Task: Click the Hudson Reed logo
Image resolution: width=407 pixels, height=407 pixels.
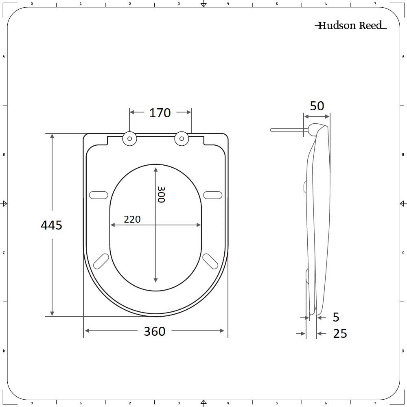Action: click(x=350, y=26)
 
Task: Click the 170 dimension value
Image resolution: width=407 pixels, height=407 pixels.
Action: click(x=160, y=113)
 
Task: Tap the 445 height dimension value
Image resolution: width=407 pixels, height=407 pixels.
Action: click(x=52, y=225)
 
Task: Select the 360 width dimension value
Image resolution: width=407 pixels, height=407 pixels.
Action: click(x=155, y=331)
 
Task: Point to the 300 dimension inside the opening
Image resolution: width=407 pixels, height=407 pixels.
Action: click(x=161, y=195)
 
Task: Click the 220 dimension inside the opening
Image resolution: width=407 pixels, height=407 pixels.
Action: click(x=132, y=219)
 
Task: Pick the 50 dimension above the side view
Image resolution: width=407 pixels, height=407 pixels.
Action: click(x=317, y=106)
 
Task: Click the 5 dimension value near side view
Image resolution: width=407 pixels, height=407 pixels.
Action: click(x=336, y=317)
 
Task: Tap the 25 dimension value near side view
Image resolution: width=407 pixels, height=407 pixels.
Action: click(x=340, y=334)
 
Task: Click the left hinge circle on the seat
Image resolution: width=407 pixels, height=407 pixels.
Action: click(x=129, y=139)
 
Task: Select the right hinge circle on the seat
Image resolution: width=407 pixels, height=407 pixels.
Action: click(x=182, y=139)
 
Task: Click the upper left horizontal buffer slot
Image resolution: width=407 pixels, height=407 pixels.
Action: click(x=98, y=195)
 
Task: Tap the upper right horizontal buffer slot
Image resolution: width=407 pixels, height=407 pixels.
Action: click(x=213, y=195)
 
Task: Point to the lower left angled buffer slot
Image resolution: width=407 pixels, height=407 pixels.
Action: click(x=101, y=261)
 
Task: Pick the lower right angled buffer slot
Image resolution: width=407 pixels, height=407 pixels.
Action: click(x=210, y=261)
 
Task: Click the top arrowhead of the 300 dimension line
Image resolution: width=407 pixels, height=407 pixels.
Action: click(x=156, y=168)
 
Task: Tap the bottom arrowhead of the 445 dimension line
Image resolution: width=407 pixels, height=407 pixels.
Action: click(x=52, y=313)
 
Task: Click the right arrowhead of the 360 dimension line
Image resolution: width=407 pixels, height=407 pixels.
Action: click(x=222, y=331)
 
